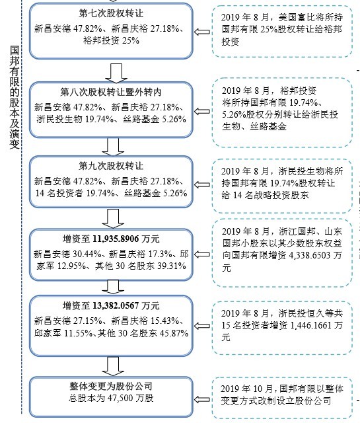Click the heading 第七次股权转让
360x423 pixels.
coord(111,13)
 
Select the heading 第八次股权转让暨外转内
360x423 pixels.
coord(111,92)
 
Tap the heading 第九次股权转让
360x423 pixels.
coord(111,166)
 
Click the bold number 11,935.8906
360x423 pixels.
coord(116,239)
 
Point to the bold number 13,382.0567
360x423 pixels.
coord(116,305)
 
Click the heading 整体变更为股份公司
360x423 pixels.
coord(111,386)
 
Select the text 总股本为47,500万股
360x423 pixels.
coord(111,398)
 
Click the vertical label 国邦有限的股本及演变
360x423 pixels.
coord(15,97)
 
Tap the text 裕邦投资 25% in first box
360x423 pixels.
coord(111,40)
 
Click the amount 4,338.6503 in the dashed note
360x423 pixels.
coord(310,255)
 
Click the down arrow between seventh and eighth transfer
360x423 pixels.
coord(116,73)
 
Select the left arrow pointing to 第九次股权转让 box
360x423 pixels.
coord(202,185)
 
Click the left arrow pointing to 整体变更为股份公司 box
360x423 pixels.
coord(202,399)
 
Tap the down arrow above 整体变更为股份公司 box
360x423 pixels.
coord(113,366)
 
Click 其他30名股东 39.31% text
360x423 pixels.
coord(141,266)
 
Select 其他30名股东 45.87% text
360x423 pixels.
coord(143,333)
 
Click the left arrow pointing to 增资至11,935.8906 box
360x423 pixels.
coord(202,254)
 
